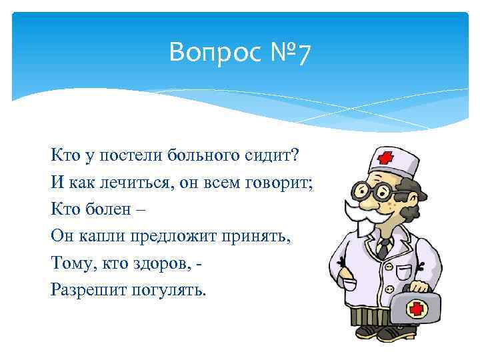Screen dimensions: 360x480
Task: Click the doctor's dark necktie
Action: [384, 249]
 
